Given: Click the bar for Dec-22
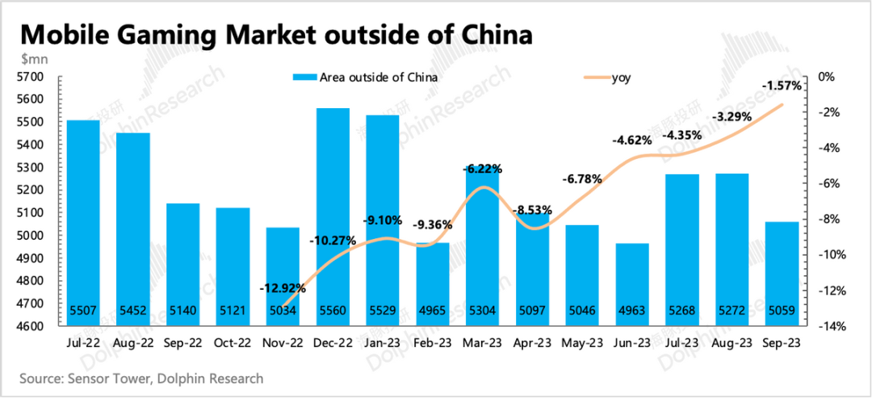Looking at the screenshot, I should (333, 218).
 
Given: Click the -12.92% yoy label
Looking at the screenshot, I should (282, 287).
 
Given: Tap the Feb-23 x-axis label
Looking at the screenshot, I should (432, 343).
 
